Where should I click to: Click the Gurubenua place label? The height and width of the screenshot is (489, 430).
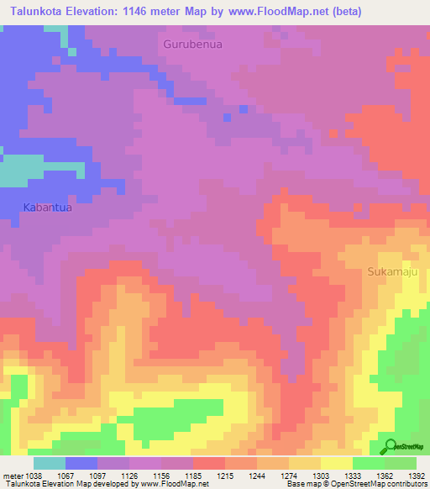pos(193,45)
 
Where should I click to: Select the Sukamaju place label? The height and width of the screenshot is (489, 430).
pos(392,272)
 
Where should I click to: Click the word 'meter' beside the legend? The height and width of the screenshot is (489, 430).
pos(12,476)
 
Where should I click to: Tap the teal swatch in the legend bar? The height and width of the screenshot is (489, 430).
pos(49,463)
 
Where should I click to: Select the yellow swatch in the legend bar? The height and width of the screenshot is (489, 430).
pos(337,463)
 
